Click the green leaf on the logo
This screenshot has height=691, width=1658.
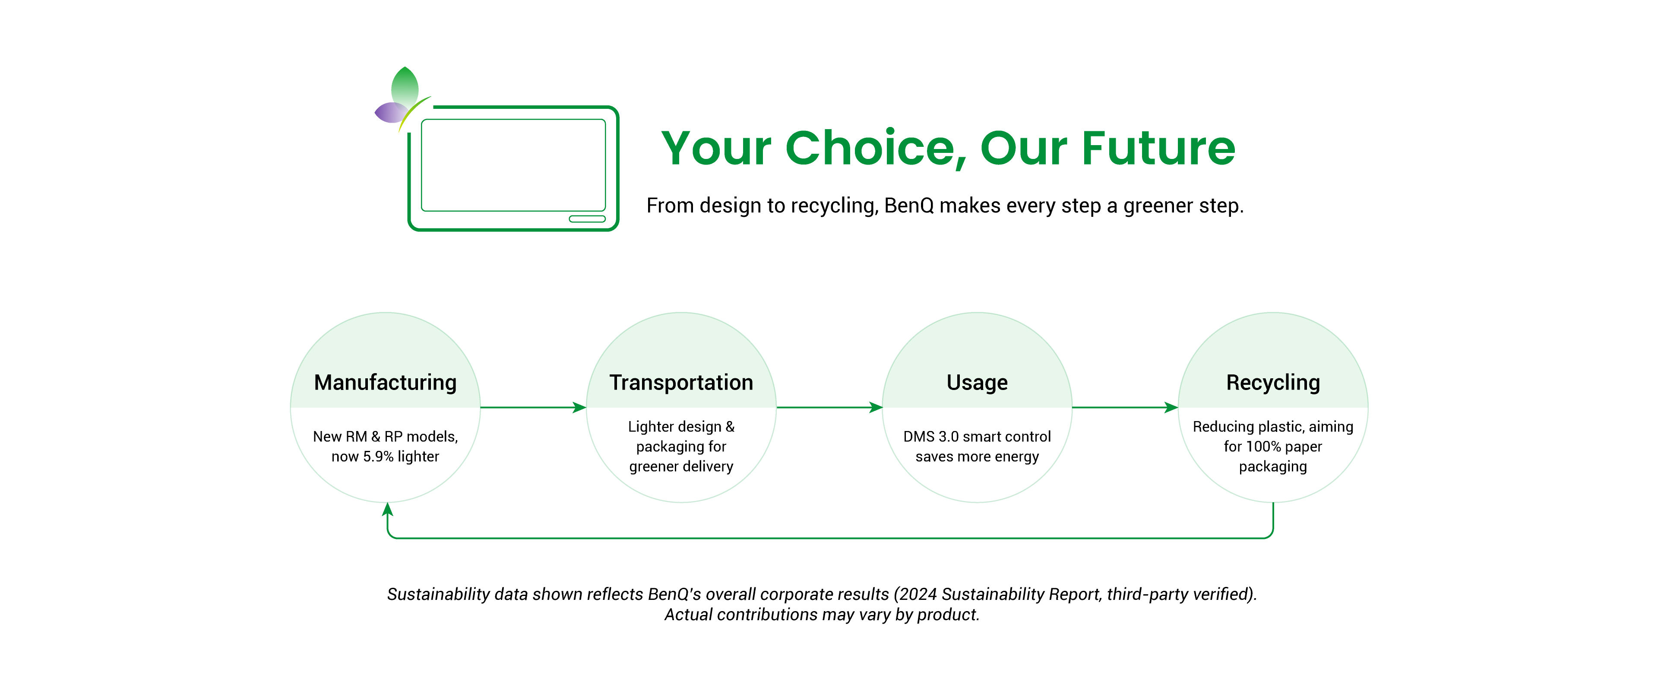pos(405,86)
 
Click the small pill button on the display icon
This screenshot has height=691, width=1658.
pos(587,219)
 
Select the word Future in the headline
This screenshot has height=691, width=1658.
pos(1158,149)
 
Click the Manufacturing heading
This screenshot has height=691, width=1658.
pos(385,383)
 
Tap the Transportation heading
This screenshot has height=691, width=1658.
pos(681,383)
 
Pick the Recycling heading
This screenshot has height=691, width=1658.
pos(1272,383)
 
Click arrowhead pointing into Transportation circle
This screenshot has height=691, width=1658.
pos(579,407)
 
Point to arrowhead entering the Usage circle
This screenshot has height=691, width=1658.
pos(875,407)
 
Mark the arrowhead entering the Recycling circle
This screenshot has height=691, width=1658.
pos(1171,407)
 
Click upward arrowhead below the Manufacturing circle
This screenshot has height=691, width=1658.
pos(387,510)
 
